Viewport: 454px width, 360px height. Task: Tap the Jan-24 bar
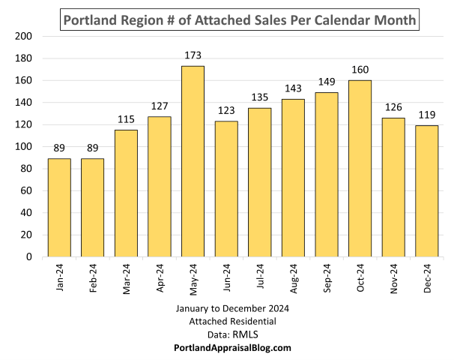[x=59, y=208]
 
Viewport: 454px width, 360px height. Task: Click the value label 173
[x=193, y=55]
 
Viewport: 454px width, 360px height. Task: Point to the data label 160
[x=360, y=70]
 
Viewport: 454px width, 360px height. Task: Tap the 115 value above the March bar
[x=126, y=119]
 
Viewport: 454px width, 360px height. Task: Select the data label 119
[x=427, y=115]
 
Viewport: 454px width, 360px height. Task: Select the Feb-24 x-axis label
[x=94, y=280]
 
